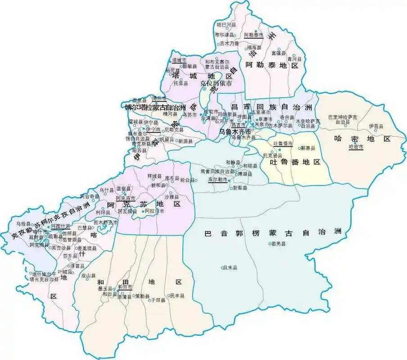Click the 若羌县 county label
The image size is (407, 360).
279,244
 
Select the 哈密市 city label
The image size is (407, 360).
356,147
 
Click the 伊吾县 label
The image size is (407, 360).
375,127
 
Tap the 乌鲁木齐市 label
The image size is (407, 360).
235,131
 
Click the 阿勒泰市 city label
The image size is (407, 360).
253,35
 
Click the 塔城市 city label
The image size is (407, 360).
179,60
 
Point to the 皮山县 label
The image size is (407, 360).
89,275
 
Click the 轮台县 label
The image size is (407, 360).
188,180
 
